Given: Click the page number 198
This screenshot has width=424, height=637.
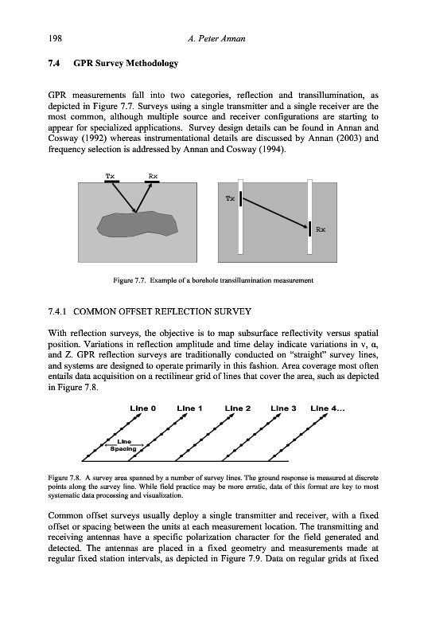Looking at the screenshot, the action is [x=55, y=38].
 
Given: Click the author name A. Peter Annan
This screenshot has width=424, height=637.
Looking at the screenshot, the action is [x=216, y=38].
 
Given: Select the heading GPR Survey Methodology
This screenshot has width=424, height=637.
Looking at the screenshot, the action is [x=126, y=64].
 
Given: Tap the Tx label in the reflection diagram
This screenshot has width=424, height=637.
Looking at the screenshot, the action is [x=110, y=176].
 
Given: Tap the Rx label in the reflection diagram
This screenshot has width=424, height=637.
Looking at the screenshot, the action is [x=153, y=176].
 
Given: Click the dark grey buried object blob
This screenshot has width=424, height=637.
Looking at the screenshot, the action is [x=138, y=225].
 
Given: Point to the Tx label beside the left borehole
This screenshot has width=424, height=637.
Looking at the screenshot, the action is [x=230, y=198].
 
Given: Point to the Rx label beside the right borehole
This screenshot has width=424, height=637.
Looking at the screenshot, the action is [x=321, y=229].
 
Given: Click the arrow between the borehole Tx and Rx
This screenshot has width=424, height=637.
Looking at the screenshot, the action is [x=274, y=213].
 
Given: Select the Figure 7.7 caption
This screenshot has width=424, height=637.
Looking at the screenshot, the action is [x=213, y=280].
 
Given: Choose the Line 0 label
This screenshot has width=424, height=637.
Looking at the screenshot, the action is [x=143, y=408].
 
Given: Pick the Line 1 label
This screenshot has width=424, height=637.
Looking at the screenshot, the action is [x=189, y=408].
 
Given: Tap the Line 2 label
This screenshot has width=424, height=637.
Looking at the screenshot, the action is [x=238, y=408].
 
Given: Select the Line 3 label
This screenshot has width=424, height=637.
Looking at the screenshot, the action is [x=284, y=408].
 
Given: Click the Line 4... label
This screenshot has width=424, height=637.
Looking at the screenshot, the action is [x=328, y=408].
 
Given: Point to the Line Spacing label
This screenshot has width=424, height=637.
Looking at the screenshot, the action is [x=124, y=445].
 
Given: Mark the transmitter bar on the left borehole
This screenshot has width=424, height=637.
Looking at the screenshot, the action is [x=240, y=199].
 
